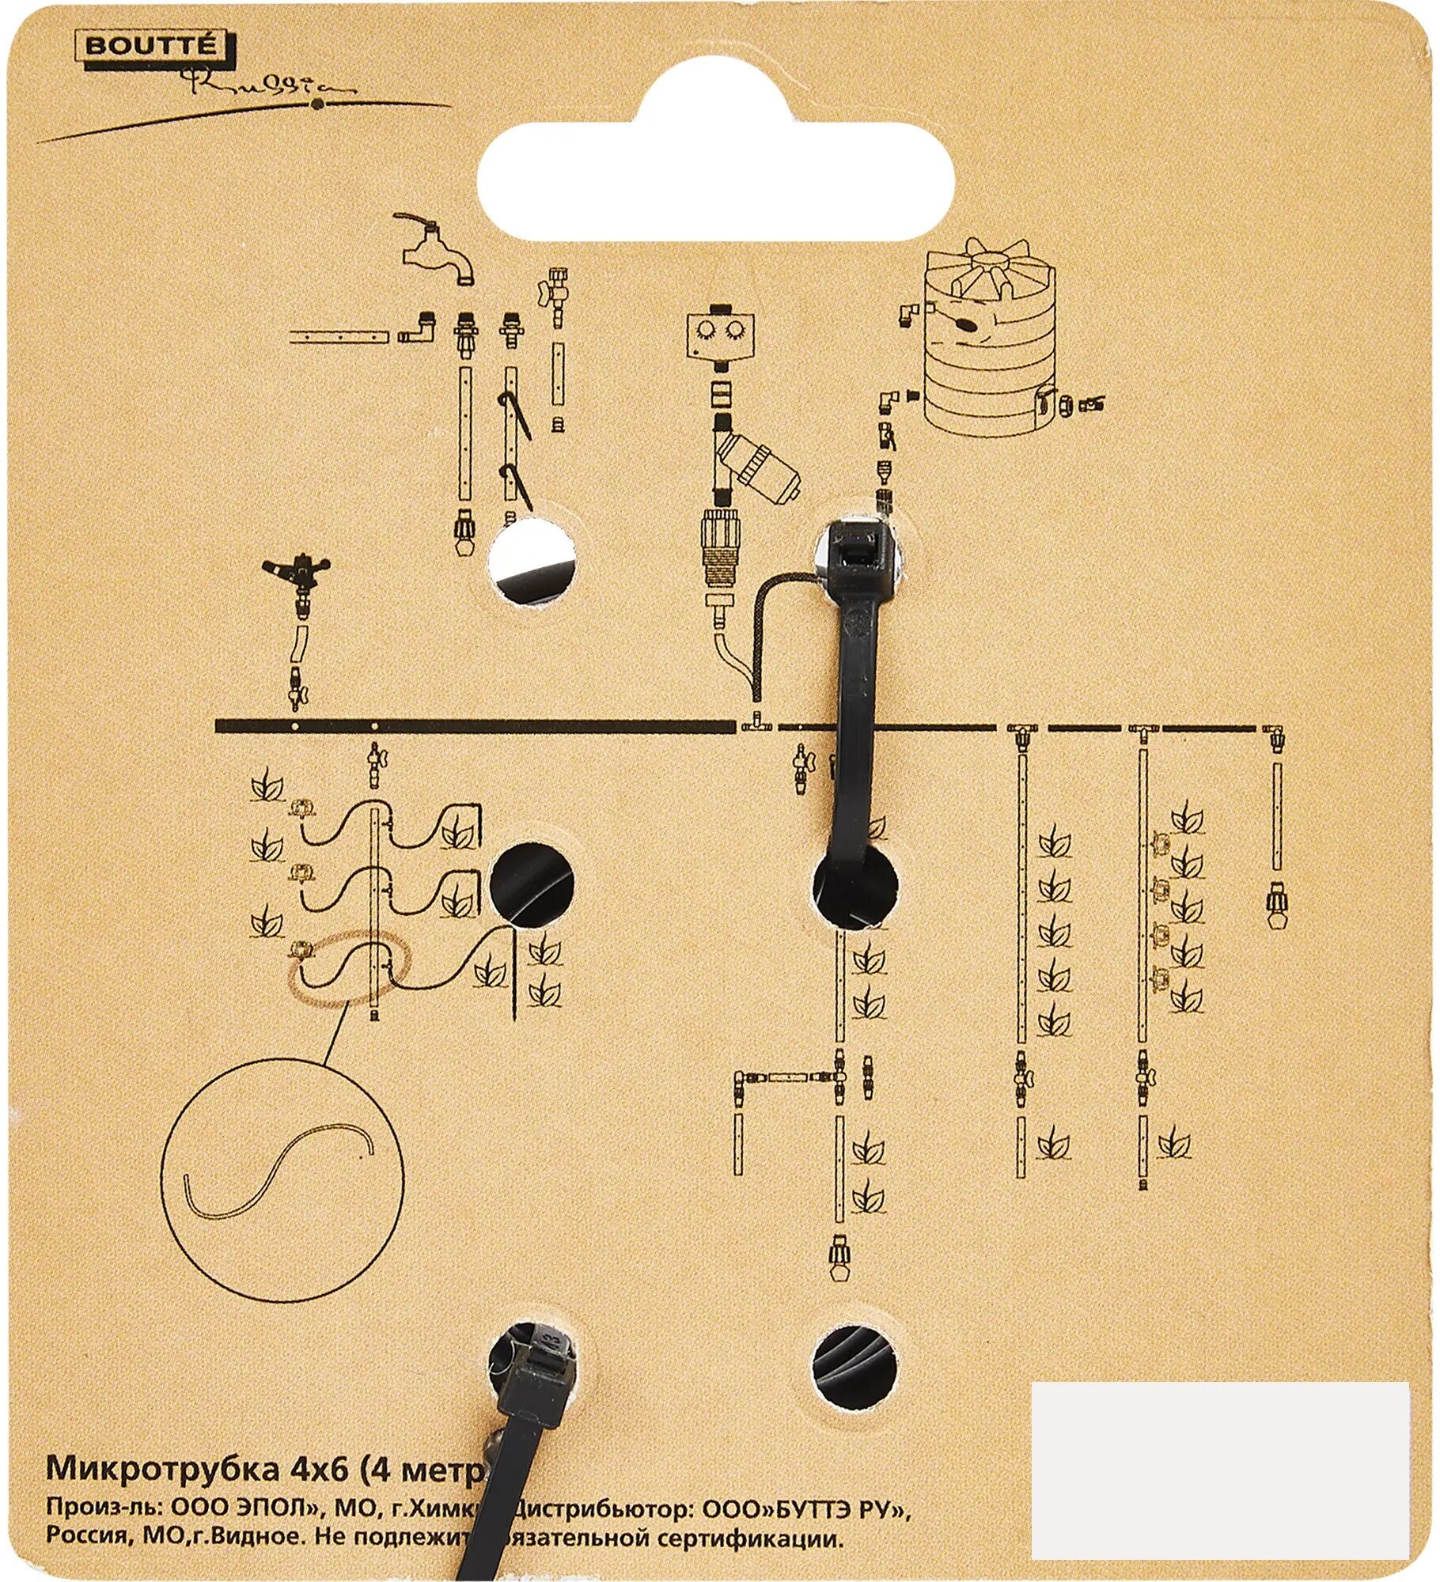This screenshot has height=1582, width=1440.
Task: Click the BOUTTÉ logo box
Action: (150, 46)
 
